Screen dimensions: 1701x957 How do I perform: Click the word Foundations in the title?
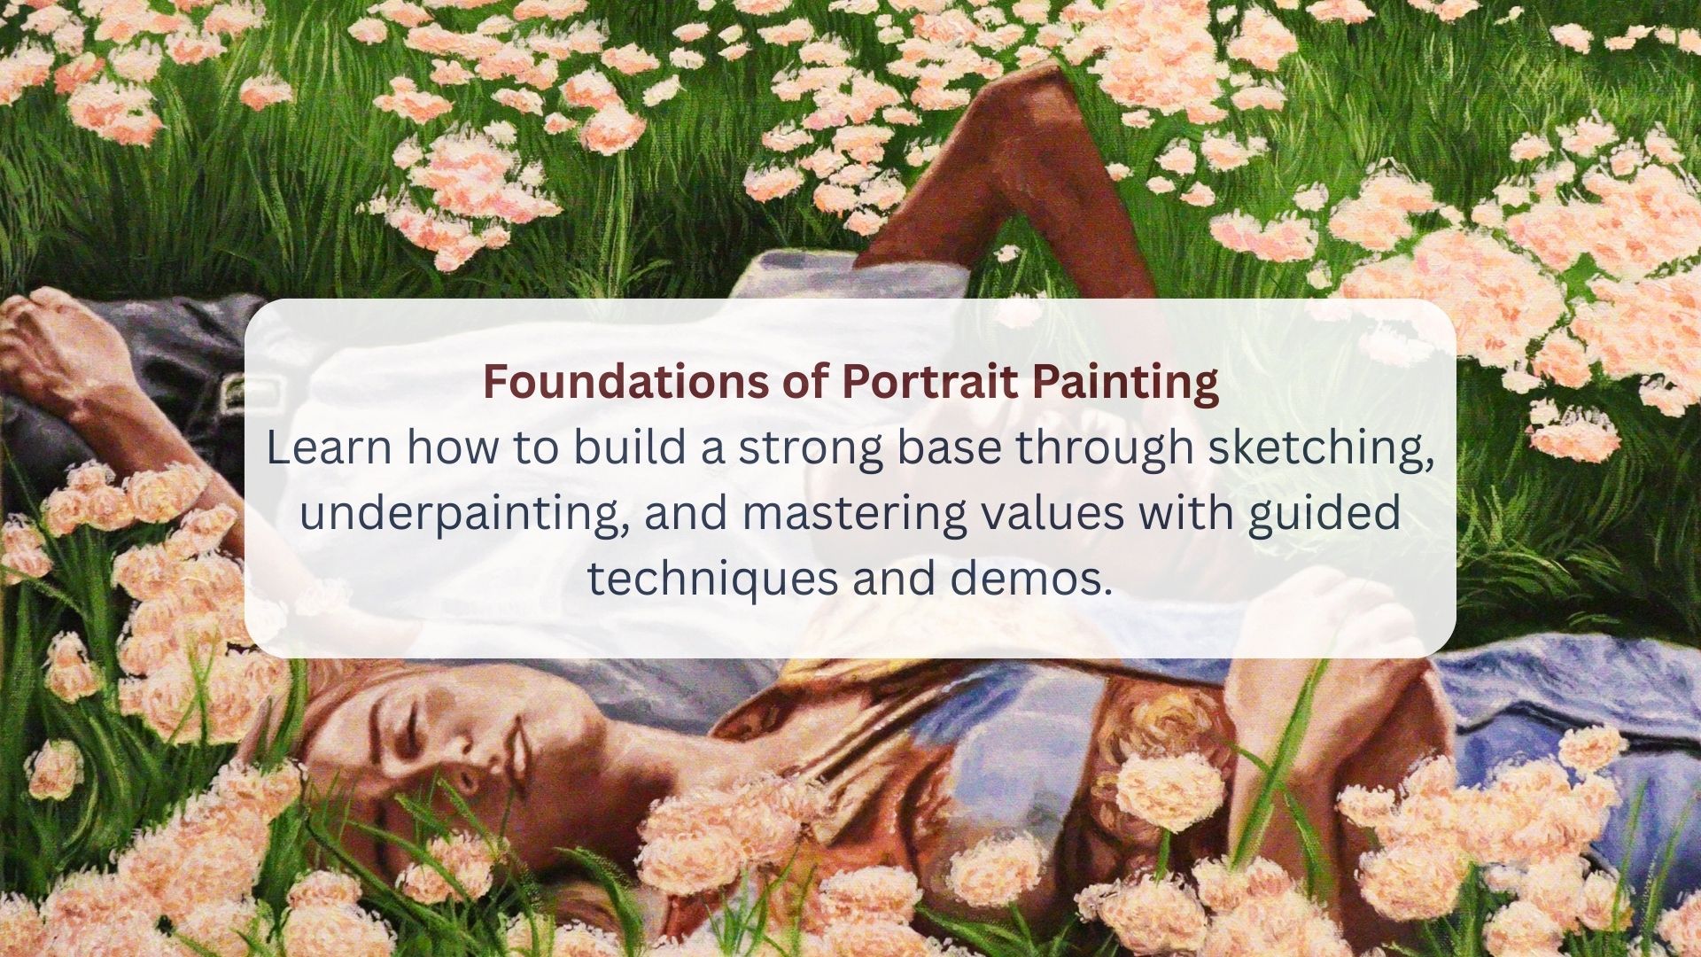(625, 382)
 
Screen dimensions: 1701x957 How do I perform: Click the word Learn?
(329, 448)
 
